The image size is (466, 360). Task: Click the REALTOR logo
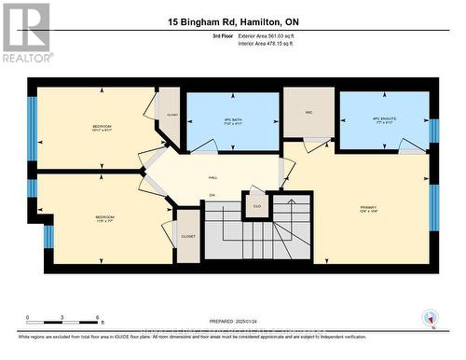[26, 33]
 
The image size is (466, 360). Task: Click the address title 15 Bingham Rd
[233, 21]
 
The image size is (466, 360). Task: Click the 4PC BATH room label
[233, 120]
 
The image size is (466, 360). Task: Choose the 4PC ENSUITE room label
[384, 118]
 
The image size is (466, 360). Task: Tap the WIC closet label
[308, 113]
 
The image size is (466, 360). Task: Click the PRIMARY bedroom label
[372, 208]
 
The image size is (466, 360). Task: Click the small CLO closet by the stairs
[256, 205]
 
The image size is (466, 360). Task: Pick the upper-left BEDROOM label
[102, 127]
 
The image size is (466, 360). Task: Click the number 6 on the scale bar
[97, 318]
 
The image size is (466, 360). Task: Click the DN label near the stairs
[212, 194]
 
